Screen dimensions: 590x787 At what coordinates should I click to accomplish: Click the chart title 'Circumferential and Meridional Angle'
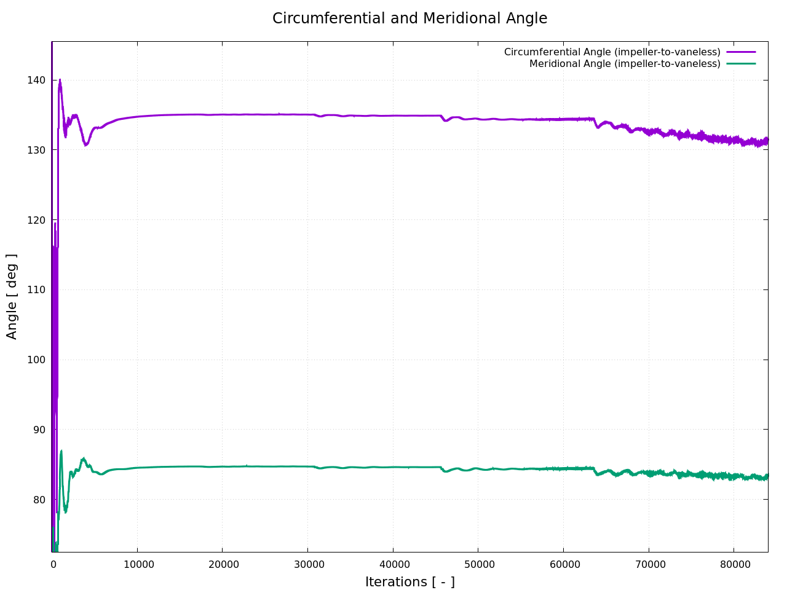pos(409,18)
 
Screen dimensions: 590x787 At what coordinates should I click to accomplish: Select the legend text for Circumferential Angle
pos(612,52)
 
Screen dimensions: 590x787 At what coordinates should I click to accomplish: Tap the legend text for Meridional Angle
pos(625,64)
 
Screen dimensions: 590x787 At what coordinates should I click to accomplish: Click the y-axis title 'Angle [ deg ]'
pos(12,296)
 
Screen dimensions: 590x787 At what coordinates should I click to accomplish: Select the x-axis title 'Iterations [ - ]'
pos(409,582)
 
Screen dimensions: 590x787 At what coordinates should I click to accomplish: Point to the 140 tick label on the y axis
pos(36,80)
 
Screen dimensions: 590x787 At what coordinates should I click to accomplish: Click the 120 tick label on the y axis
pos(36,220)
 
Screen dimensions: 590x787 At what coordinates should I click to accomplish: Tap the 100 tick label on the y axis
pos(36,360)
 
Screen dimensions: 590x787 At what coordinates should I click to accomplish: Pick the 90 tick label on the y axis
pos(39,430)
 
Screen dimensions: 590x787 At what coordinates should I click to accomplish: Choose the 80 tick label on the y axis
pos(39,500)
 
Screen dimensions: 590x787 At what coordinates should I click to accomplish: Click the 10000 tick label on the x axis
pos(137,564)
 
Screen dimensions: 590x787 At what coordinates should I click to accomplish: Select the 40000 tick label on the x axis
pos(393,564)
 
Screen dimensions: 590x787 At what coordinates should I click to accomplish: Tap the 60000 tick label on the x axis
pos(563,564)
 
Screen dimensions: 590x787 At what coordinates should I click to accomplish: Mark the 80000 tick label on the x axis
pos(734,564)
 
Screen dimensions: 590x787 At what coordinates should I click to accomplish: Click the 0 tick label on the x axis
pos(53,564)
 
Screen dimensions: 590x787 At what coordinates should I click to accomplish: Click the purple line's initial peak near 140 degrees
pos(60,80)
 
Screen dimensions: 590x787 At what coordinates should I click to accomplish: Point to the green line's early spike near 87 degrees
pos(61,451)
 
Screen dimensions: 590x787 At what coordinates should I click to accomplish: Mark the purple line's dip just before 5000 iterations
pos(86,145)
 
